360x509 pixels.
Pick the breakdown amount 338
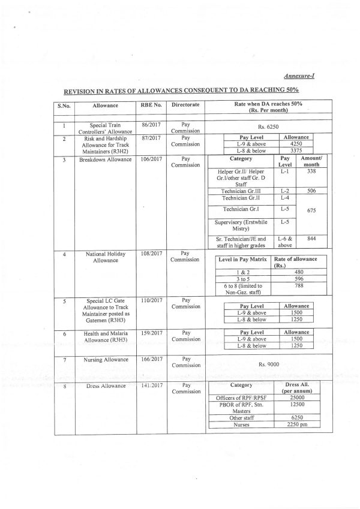(x=311, y=170)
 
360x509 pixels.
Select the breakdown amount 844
(x=311, y=238)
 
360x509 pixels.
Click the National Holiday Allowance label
(x=106, y=258)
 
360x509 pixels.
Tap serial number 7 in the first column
(x=64, y=360)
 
